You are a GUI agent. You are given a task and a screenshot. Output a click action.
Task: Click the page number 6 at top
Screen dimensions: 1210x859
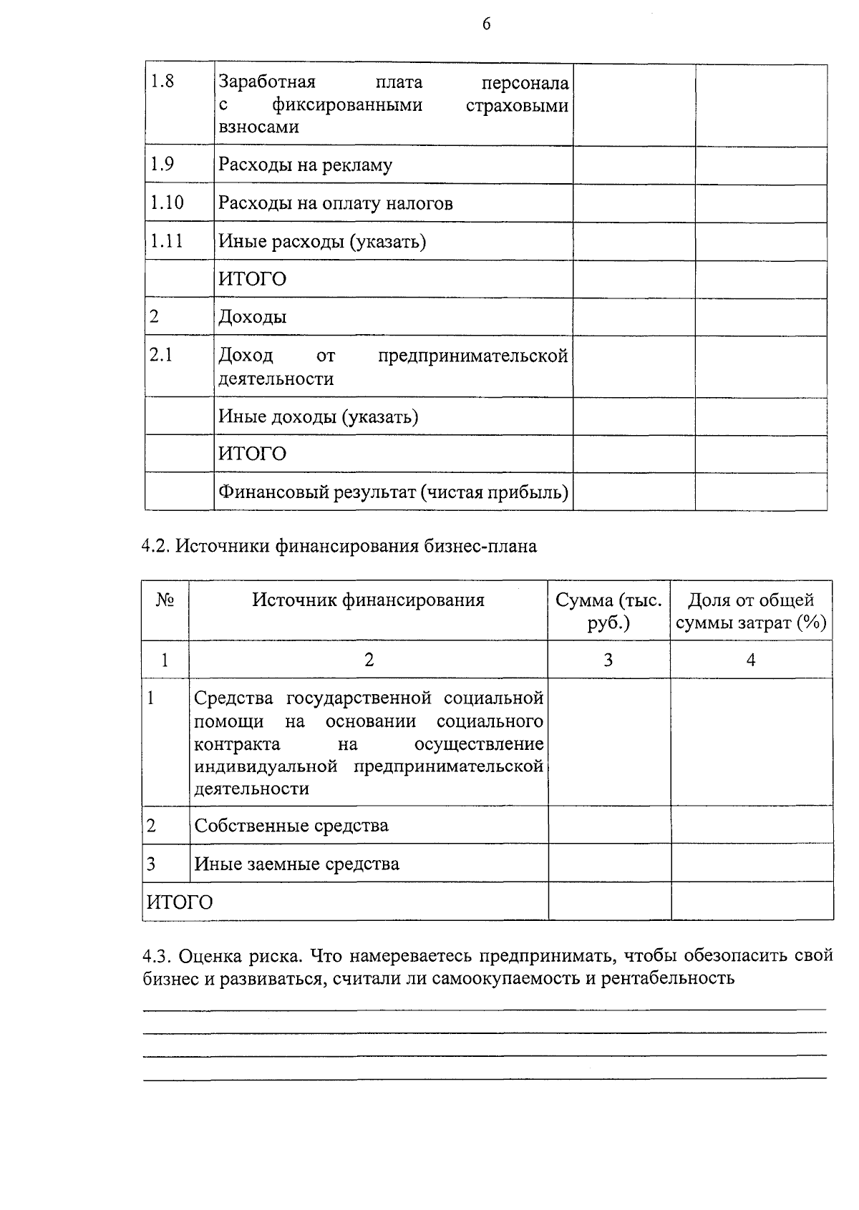487,24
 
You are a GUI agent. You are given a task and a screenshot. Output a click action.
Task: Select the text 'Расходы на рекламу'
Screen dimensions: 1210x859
305,165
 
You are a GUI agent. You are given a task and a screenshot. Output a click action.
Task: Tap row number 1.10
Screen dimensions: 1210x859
166,203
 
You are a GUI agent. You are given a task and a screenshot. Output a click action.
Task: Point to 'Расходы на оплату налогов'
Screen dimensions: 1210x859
335,204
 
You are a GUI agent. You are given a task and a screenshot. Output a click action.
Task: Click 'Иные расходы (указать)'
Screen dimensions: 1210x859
321,242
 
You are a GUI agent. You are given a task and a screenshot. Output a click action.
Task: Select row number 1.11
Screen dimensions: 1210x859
166,241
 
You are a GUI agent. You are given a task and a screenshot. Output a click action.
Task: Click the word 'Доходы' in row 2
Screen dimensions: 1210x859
252,317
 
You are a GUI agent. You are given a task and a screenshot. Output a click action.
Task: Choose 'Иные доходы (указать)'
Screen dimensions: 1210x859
318,416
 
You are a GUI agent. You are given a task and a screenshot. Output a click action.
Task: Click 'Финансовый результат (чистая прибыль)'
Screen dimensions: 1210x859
393,492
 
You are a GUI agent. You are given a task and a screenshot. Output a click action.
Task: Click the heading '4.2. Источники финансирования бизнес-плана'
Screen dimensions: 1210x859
339,547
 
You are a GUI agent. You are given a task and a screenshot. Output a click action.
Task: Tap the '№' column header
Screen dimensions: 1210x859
165,600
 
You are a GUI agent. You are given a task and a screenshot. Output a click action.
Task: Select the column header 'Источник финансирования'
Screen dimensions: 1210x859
368,600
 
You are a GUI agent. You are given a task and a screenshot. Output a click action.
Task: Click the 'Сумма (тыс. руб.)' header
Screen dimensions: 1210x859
608,611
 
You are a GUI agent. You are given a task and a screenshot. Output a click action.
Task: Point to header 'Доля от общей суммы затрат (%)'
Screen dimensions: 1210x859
751,611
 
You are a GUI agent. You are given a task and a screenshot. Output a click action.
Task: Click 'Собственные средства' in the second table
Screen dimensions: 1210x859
291,826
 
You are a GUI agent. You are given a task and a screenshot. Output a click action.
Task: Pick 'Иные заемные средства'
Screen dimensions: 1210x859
296,864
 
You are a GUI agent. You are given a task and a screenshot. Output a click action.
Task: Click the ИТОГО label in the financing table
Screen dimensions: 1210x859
180,902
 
